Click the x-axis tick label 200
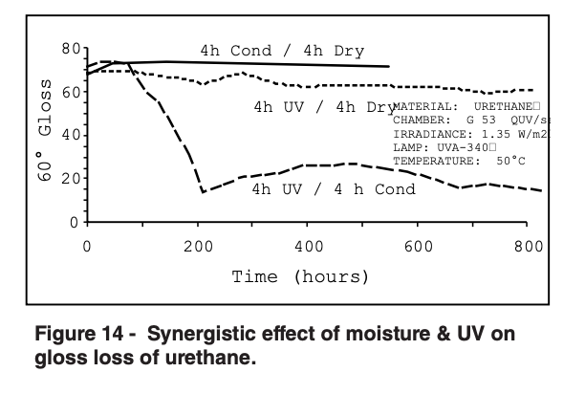197,246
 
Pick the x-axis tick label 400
307,246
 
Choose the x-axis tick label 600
417,246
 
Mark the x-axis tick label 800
527,246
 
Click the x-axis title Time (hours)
300,277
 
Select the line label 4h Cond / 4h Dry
281,50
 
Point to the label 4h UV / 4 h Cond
333,189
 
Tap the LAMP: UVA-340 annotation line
444,148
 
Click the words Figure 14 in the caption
80,335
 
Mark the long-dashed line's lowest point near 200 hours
203,191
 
